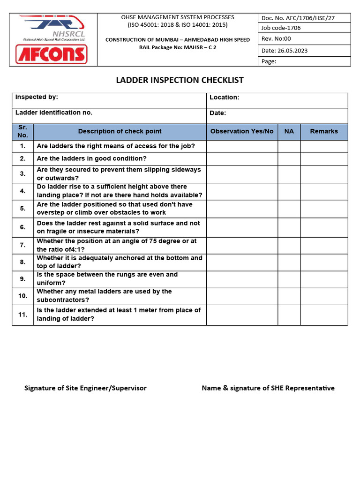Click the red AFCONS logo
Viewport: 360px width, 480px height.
52,54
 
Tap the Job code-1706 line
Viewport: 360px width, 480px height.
281,28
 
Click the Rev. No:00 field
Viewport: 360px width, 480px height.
276,39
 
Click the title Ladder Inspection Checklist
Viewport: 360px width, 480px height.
180,80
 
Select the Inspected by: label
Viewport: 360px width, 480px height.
37,97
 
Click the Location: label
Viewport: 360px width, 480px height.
224,97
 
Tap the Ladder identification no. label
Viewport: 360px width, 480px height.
54,112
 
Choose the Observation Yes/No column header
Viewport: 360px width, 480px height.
241,131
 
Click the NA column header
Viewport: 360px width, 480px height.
289,131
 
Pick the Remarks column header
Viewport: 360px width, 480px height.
323,131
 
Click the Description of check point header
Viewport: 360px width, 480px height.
120,131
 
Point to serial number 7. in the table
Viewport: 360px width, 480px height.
22,245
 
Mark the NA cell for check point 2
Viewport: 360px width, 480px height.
289,159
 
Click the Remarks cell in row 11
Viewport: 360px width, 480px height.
324,315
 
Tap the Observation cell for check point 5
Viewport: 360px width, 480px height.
241,209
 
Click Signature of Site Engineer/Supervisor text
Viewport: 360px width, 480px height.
85,388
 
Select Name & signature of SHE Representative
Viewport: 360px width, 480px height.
268,388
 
